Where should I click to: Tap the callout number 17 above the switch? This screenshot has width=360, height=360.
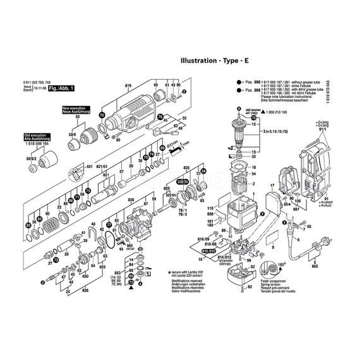click(x=272, y=186)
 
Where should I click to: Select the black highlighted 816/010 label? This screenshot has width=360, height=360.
click(x=208, y=251)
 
